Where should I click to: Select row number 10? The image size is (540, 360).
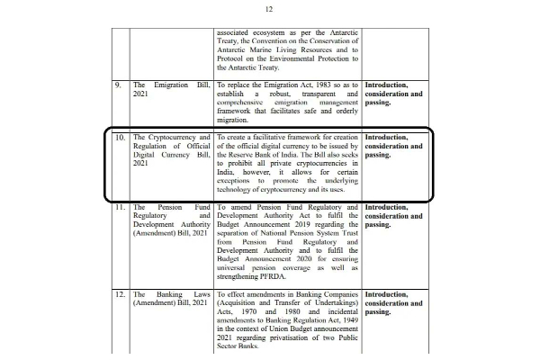119,138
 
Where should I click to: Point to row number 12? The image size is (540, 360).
119,294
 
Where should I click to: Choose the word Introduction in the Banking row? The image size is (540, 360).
394,294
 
